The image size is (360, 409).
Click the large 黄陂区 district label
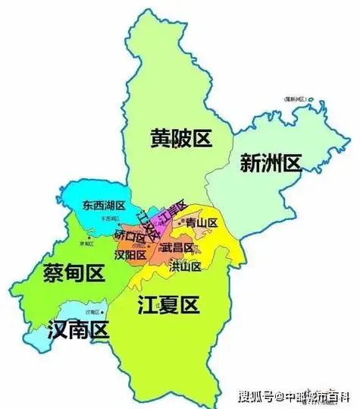pos(180,139)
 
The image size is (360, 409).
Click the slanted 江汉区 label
pos(149,225)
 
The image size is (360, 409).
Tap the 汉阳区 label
pos(130,255)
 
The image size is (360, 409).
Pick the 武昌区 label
pos(177,247)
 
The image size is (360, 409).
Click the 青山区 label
pos(202,223)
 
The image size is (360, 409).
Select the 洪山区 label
pos(186,266)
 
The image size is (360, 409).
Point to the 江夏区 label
pos(168,306)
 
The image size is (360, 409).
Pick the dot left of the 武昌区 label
pos(158,247)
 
